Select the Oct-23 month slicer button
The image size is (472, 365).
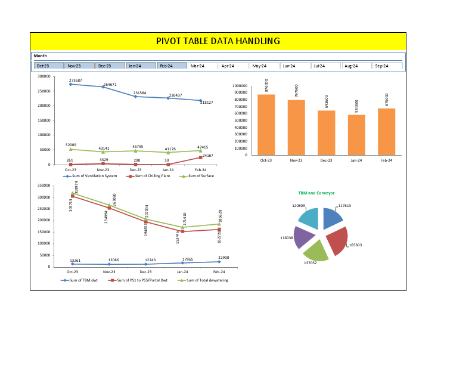pos(49,66)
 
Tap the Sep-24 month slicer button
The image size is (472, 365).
pos(387,66)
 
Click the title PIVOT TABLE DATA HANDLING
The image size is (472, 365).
pos(218,41)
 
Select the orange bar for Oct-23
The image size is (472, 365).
pos(266,125)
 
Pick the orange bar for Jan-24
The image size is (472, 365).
pos(356,135)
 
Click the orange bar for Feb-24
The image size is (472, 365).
pos(386,131)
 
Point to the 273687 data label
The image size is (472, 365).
pos(75,80)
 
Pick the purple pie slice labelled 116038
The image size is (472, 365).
pos(304,237)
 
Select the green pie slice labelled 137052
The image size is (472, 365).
pos(316,250)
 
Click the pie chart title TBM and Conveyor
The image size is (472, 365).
pos(316,193)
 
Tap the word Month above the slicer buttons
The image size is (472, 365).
pos(41,56)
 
